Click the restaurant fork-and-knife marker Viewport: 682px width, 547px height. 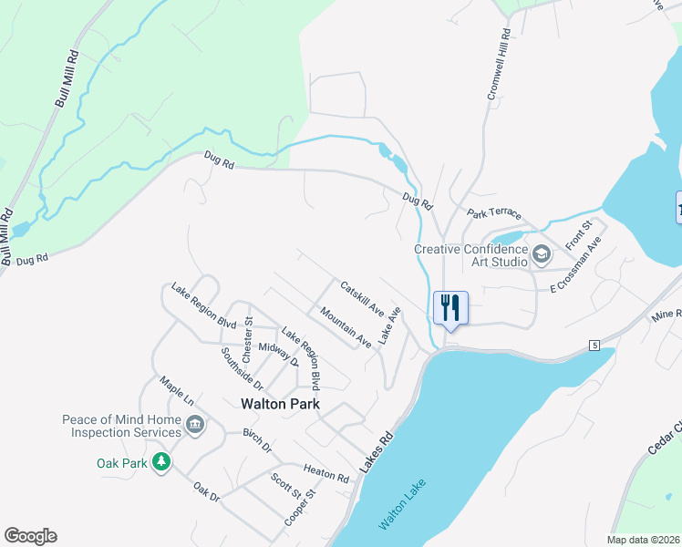click(449, 307)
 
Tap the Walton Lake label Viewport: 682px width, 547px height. click(402, 504)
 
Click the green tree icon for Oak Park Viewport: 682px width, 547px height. click(161, 462)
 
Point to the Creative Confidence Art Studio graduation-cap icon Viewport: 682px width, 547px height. click(542, 254)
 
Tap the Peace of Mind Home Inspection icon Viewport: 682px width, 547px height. click(194, 425)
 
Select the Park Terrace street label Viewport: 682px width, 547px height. click(494, 213)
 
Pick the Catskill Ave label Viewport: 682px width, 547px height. click(362, 298)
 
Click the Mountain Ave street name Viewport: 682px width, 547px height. click(346, 327)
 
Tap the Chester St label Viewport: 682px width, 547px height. click(246, 337)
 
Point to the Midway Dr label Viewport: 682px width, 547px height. click(279, 352)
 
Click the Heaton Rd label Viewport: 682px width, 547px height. click(326, 471)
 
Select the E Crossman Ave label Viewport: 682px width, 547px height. click(577, 269)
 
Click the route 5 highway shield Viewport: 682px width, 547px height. click(594, 346)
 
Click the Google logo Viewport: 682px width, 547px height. click(30, 536)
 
